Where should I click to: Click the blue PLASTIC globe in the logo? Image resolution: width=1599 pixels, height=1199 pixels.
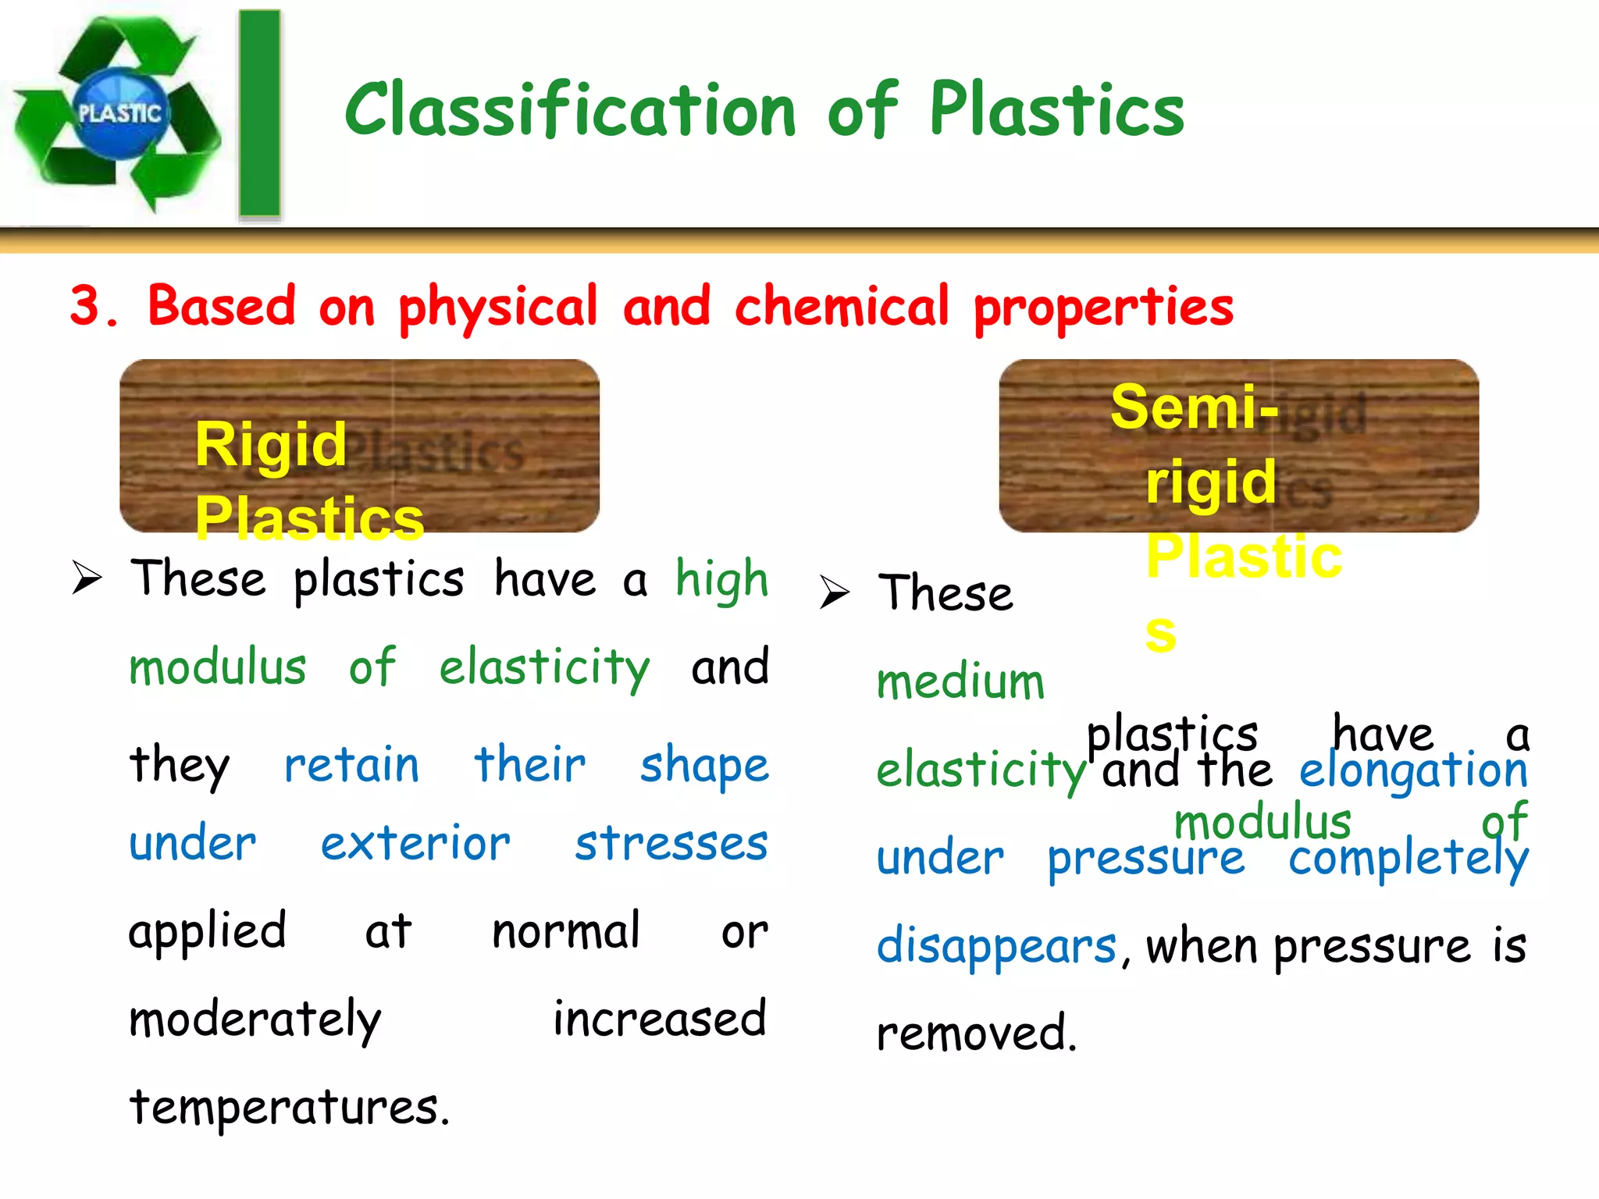click(119, 114)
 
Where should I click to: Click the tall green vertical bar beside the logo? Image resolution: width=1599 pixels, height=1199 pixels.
click(259, 114)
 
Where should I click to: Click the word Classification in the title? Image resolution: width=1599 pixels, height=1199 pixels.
click(571, 111)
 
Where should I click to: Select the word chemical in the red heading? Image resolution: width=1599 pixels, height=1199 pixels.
click(842, 306)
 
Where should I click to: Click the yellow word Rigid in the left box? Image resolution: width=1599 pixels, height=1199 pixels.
click(270, 445)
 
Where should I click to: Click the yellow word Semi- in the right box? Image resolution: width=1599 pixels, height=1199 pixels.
click(1195, 407)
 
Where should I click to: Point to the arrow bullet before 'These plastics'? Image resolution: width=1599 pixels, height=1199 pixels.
click(87, 578)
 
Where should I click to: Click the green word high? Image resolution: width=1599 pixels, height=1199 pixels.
click(722, 580)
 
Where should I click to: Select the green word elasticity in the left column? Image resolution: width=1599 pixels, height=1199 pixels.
click(544, 669)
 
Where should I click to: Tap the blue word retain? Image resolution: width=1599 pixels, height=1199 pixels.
click(351, 765)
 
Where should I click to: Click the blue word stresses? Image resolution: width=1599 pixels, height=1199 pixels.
click(671, 844)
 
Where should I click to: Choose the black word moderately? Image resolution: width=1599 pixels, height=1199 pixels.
click(255, 1020)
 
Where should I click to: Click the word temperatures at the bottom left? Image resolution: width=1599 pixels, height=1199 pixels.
click(289, 1108)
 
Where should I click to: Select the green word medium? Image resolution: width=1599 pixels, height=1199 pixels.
click(960, 681)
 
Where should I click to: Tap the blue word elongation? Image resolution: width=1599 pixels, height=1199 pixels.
click(1413, 770)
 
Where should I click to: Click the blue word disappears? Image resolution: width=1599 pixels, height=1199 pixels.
click(997, 947)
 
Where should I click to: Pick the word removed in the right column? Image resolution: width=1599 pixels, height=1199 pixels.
click(976, 1034)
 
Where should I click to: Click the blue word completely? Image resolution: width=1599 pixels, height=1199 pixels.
click(1408, 859)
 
